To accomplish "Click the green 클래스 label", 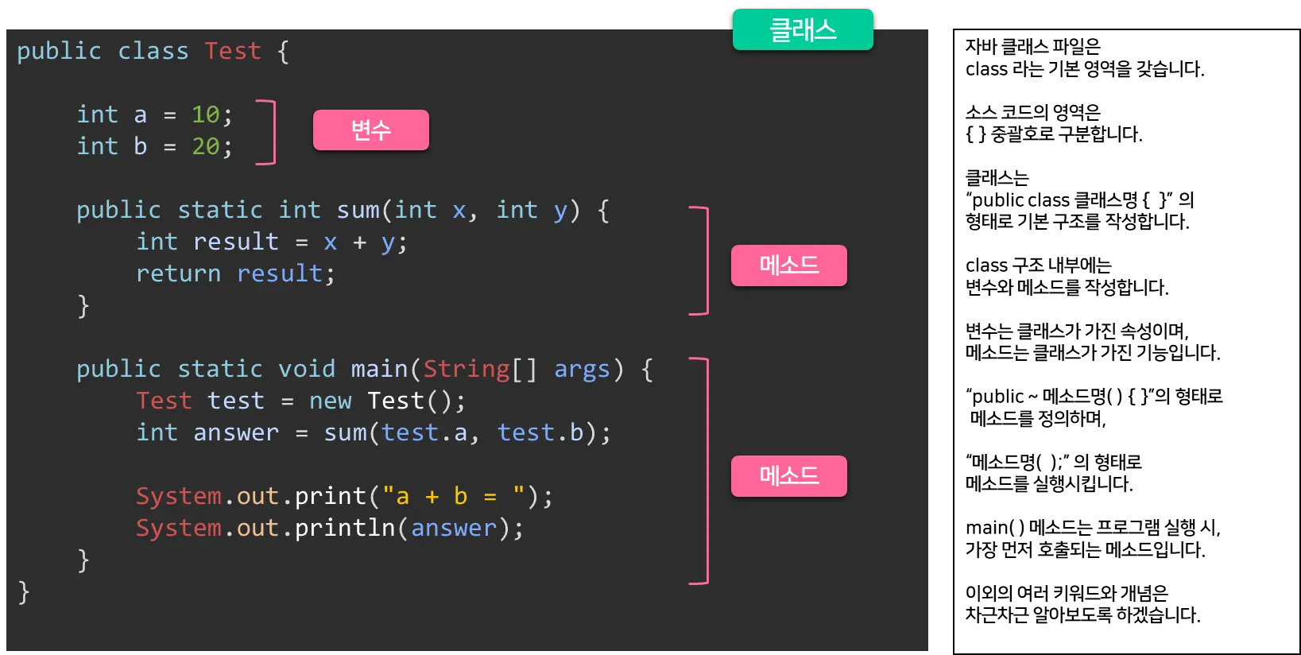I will coord(803,30).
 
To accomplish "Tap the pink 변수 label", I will coord(370,130).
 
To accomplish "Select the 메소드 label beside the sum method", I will coord(788,265).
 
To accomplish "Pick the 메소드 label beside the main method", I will coord(788,475).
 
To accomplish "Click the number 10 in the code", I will coord(205,115).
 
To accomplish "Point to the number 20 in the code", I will coord(205,147).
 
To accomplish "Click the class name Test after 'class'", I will coord(232,52).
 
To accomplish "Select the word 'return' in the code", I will coord(178,274).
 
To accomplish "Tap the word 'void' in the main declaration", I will coord(307,370).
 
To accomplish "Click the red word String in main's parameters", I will coord(466,370).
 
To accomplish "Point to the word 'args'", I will coord(582,370).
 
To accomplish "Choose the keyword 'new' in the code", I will coord(330,401).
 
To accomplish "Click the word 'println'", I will coord(345,529).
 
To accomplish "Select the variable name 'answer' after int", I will coord(236,433).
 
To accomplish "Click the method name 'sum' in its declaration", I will coord(358,211).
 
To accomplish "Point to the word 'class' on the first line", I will coord(153,52).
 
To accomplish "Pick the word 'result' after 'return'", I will coord(280,274).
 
